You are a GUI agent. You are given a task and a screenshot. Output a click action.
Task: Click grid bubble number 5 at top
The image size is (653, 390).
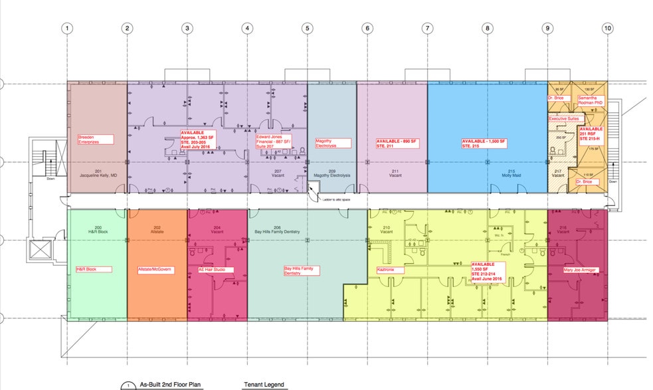pos(307,28)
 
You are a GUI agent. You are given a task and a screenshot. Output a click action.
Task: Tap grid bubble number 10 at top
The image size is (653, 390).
pos(607,28)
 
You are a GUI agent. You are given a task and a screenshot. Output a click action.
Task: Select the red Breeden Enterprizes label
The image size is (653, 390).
pos(95,140)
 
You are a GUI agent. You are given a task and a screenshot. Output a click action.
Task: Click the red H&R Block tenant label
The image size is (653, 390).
pos(91,269)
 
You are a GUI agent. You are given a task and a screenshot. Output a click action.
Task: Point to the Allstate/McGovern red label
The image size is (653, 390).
pos(155,269)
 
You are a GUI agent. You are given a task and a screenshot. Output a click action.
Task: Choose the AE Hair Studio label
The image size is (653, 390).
pos(212,269)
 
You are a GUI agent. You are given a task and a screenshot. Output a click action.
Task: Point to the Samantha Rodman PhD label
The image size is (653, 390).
pos(591,100)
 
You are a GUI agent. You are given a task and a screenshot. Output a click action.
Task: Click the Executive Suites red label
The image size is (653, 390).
pos(564,118)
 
